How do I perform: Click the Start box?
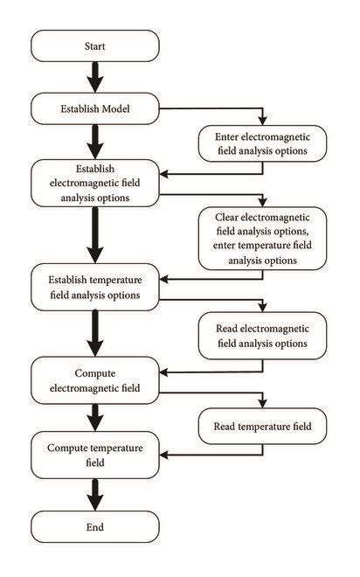click(95, 45)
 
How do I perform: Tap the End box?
click(95, 527)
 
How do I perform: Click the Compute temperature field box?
click(95, 455)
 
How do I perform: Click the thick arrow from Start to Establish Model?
click(95, 77)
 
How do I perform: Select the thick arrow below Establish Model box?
click(95, 140)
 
